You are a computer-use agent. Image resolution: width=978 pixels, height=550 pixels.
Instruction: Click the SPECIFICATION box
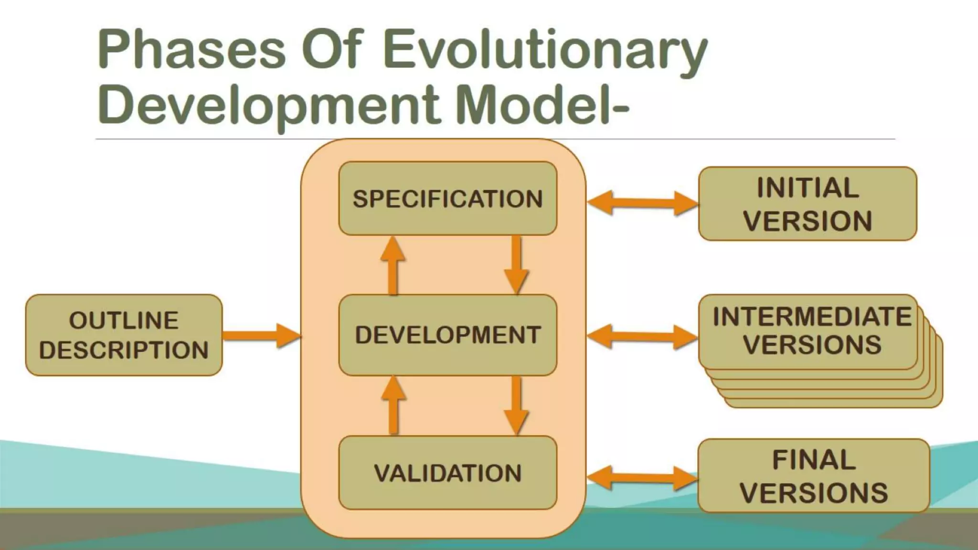point(447,199)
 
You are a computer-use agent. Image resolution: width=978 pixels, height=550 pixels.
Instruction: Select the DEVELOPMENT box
point(447,335)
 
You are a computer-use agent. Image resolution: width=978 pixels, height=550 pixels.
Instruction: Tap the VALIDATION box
point(447,473)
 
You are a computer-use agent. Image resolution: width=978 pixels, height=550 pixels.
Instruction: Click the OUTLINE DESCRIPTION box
point(124,335)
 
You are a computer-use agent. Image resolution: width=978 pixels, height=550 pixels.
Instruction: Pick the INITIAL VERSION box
point(807,204)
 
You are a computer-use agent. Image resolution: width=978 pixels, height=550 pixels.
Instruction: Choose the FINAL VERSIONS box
point(813,476)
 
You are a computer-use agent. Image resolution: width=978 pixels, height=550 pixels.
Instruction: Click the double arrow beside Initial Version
point(642,203)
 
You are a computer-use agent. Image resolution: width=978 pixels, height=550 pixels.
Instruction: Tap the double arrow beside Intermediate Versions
point(642,337)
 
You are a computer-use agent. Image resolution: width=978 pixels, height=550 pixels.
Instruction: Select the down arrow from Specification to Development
point(516,265)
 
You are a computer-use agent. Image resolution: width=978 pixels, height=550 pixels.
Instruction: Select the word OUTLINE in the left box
point(124,320)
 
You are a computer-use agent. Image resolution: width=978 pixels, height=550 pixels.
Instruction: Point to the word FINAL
point(813,460)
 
